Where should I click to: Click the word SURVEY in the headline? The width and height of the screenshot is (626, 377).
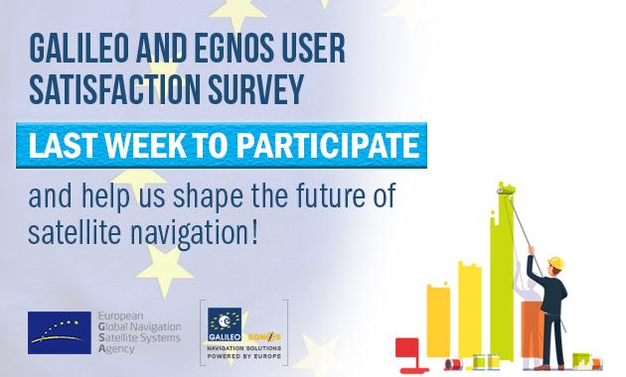tap(257, 88)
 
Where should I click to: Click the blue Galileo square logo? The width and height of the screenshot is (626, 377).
tap(226, 322)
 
